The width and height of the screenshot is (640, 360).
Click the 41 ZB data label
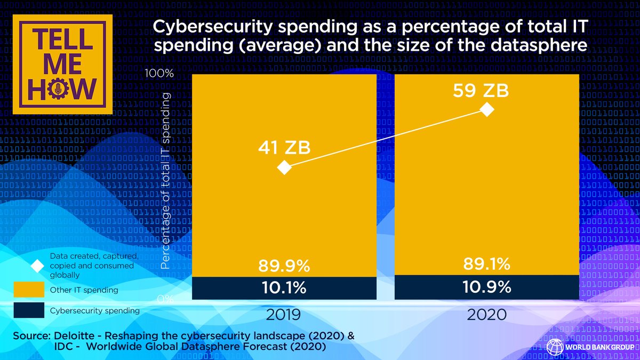[284, 147]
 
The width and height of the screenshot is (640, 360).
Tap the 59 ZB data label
[481, 91]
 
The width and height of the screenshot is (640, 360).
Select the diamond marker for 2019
[285, 167]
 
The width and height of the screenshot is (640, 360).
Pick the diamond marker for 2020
[486, 110]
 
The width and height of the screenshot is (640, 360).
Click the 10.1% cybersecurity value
[284, 288]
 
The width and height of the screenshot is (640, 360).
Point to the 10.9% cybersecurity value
[486, 287]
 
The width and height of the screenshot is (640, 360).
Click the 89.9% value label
[284, 265]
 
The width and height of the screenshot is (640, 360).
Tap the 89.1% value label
[486, 263]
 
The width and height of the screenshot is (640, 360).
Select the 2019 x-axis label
[284, 314]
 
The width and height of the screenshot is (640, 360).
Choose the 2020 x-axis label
[486, 314]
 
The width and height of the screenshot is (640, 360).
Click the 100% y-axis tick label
[160, 74]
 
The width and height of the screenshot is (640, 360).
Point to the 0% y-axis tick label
[165, 300]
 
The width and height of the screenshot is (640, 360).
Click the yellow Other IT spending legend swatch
[28, 290]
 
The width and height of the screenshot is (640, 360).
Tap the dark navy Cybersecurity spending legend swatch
[28, 310]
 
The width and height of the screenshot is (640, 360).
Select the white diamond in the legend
[37, 266]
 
